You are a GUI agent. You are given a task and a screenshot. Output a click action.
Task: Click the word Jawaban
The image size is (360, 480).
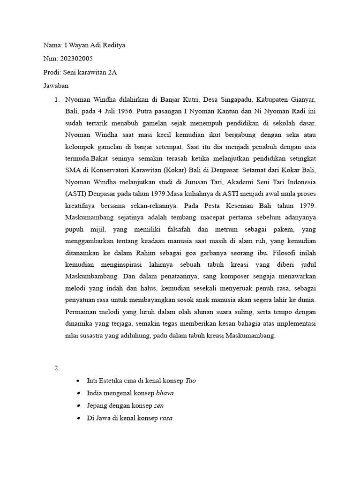tap(56, 86)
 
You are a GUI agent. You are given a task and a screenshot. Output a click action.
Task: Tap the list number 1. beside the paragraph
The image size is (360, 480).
tap(57, 100)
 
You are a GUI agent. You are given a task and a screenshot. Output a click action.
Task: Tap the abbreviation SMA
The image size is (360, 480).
tap(73, 169)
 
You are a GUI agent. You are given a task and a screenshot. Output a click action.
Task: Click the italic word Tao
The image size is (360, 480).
tap(190, 381)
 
